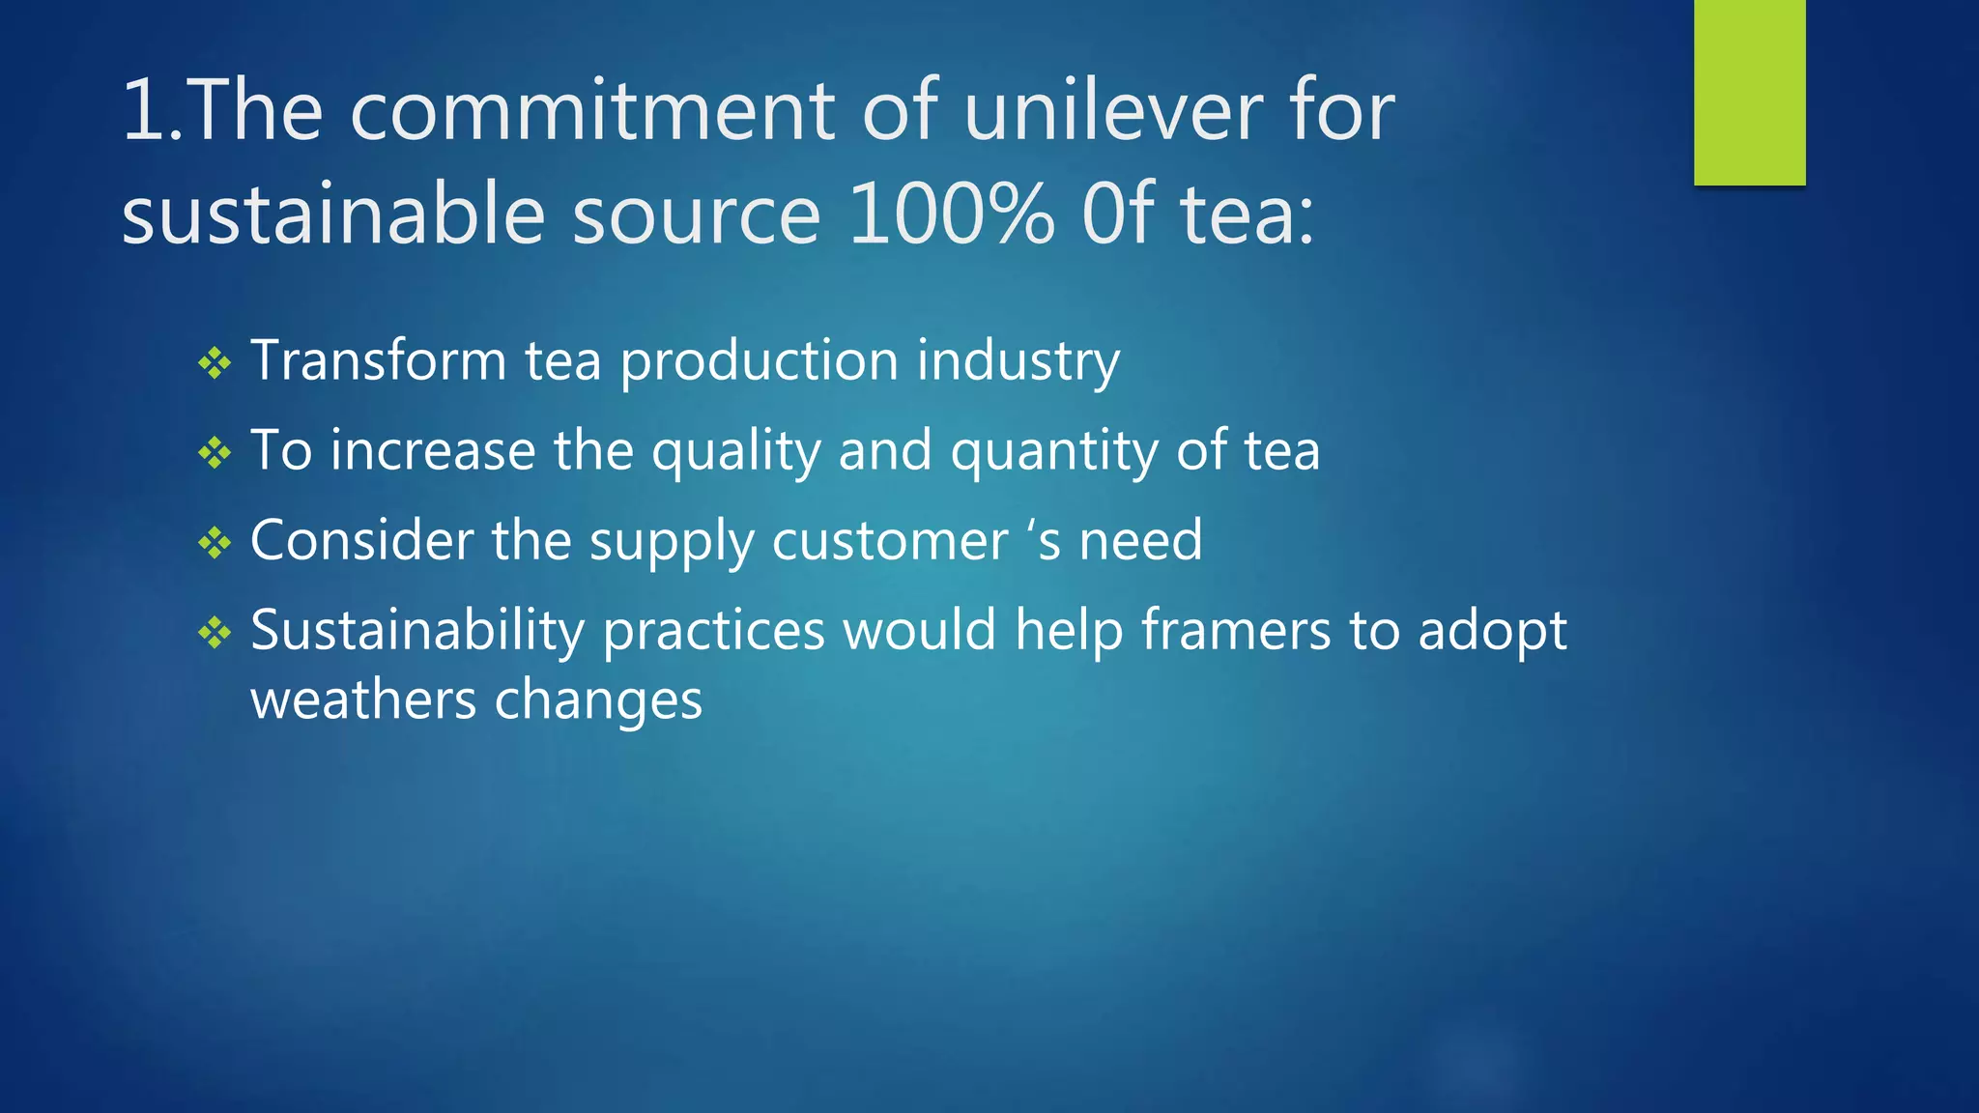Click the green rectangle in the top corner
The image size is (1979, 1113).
click(1749, 92)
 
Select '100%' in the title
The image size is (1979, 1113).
click(951, 214)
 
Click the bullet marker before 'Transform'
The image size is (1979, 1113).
click(215, 364)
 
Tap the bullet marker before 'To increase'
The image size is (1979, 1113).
click(215, 453)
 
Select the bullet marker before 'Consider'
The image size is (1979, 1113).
click(215, 543)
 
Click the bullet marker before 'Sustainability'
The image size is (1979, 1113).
click(215, 634)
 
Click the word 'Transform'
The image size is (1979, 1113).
click(378, 361)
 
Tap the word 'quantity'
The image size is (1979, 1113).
click(1054, 452)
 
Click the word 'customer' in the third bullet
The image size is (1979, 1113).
click(890, 541)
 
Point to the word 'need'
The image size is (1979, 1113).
click(1141, 541)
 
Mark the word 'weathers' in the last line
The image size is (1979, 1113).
click(363, 700)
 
